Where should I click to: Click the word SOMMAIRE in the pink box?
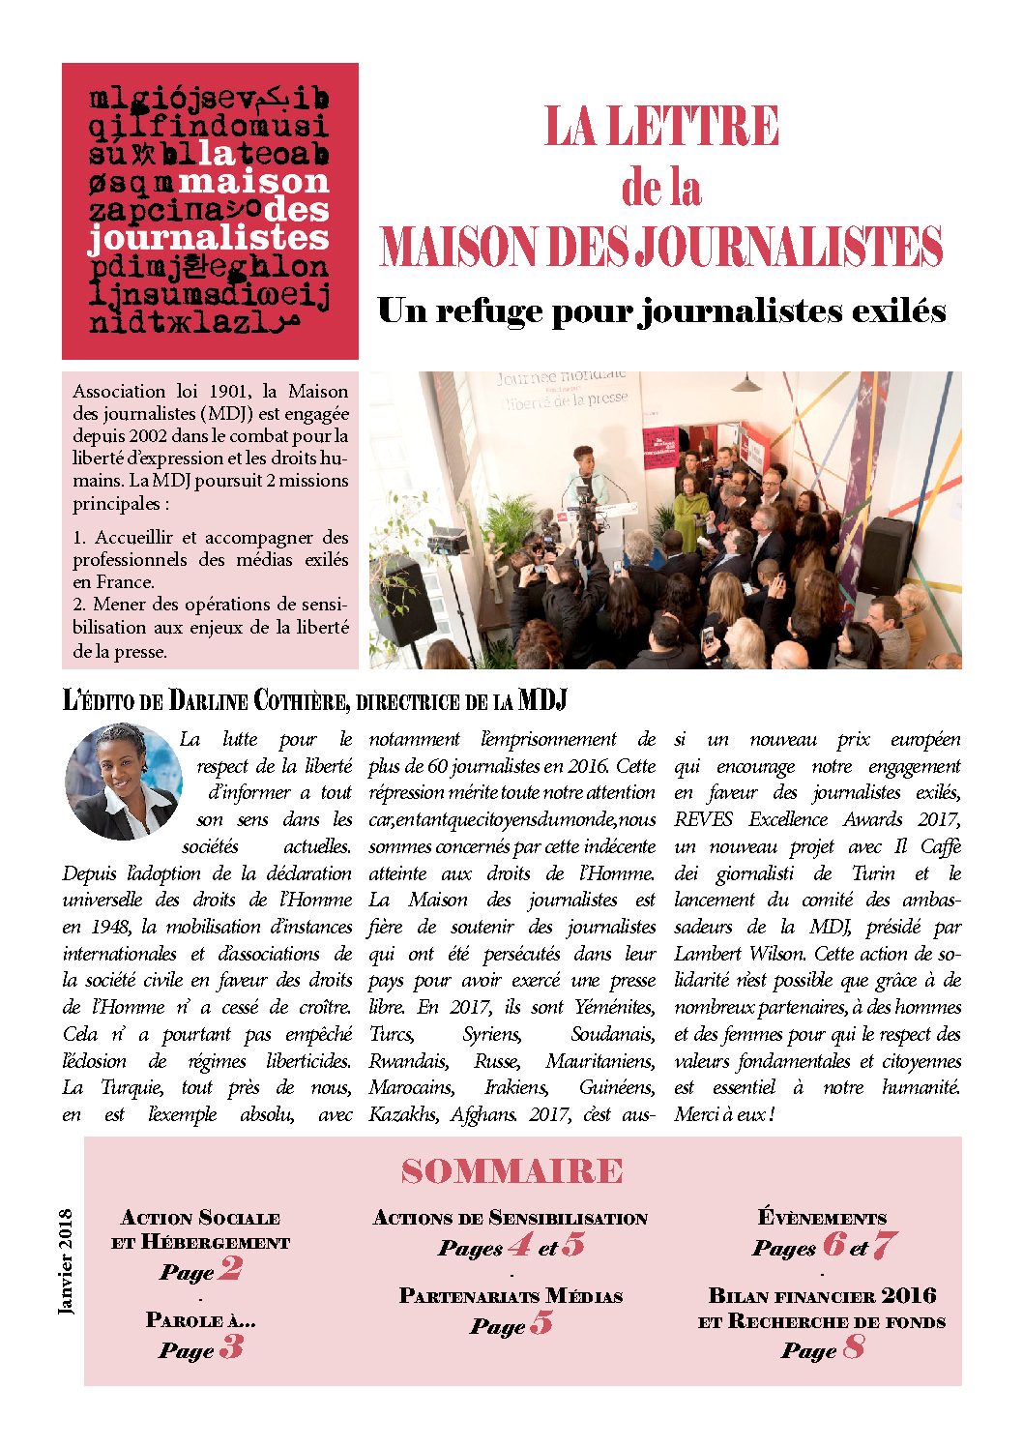pyautogui.click(x=511, y=1171)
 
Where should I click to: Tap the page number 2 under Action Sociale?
pyautogui.click(x=230, y=1268)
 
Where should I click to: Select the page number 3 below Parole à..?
pyautogui.click(x=231, y=1346)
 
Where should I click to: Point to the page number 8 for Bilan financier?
pyautogui.click(x=853, y=1346)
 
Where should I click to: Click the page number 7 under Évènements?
pyautogui.click(x=884, y=1245)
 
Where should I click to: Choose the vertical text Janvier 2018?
pyautogui.click(x=66, y=1261)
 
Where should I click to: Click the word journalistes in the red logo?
pyautogui.click(x=209, y=238)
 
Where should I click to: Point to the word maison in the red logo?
pyautogui.click(x=254, y=182)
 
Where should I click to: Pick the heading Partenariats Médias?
pyautogui.click(x=511, y=1296)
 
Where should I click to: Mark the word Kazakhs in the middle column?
pyautogui.click(x=403, y=1114)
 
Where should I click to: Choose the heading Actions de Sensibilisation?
pyautogui.click(x=511, y=1219)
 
